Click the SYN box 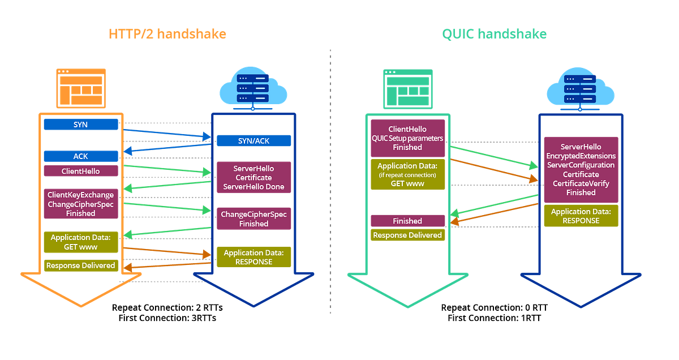coord(81,125)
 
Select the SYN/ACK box coord(253,140)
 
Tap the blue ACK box coord(81,156)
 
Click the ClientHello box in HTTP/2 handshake coord(81,171)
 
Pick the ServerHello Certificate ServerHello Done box coord(253,178)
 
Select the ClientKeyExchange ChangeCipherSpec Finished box coord(81,204)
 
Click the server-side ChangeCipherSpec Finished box coord(253,219)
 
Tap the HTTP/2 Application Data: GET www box coord(81,242)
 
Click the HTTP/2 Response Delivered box coord(81,265)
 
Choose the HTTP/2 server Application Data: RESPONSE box coord(253,257)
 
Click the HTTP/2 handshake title coord(167,34)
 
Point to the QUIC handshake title coord(494,34)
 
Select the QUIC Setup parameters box coord(407,138)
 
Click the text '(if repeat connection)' coord(407,175)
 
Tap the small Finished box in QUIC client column coord(407,221)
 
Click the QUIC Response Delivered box coord(407,235)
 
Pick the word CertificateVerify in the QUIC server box coord(581,183)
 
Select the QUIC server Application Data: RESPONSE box coord(581,216)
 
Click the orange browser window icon coord(81,88)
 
